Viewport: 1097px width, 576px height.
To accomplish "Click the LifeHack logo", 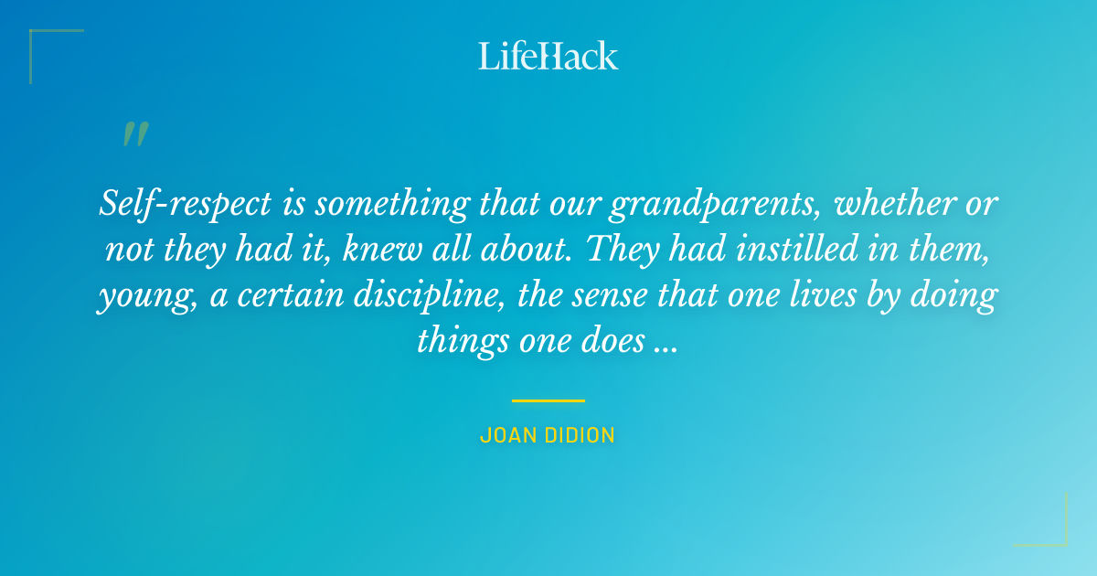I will [x=548, y=56].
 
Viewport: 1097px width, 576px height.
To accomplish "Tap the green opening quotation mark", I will [x=135, y=134].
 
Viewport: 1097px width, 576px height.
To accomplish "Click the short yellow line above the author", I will [x=548, y=400].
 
